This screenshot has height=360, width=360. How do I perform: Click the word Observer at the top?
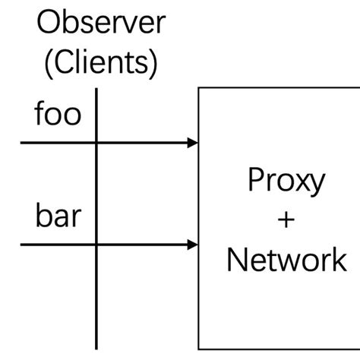[x=101, y=25]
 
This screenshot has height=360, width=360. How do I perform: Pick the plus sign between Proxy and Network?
[x=287, y=221]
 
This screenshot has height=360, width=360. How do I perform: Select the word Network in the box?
[x=287, y=261]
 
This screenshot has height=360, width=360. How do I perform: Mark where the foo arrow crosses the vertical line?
[x=96, y=142]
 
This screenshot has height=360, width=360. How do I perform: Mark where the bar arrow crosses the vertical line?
[x=96, y=245]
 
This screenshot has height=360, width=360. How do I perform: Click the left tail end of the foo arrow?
[x=21, y=142]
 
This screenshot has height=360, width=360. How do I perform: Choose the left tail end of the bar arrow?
[x=21, y=245]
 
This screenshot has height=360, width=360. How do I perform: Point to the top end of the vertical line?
[x=96, y=89]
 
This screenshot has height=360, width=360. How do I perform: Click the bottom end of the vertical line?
[x=96, y=348]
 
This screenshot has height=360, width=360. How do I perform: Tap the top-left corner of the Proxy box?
[x=199, y=88]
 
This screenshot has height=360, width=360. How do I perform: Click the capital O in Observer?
[x=51, y=25]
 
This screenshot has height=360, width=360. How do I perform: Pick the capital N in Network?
[x=236, y=261]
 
